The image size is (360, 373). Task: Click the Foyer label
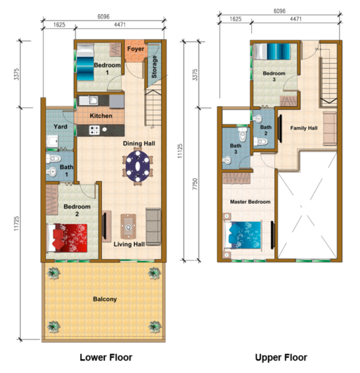point(136,48)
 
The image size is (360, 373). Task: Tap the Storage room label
point(154,67)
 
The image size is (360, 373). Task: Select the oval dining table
point(137,166)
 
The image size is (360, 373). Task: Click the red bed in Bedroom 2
point(67,238)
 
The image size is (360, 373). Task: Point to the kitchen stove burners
point(95,130)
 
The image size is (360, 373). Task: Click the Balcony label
point(105,299)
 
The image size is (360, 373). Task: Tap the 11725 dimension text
point(16,223)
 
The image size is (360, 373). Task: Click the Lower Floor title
point(106,357)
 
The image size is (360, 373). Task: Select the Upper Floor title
point(281,357)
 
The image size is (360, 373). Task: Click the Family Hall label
point(304,128)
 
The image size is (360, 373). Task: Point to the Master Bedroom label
point(250,201)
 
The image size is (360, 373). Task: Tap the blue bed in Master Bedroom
point(243,235)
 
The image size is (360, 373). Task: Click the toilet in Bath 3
point(242,134)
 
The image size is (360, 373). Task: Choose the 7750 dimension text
point(195,184)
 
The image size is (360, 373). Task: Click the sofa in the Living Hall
point(153,227)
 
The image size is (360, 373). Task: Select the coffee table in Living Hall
point(128,227)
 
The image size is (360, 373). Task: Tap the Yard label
point(60,127)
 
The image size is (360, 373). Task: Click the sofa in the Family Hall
point(330,129)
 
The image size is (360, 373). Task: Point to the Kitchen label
point(101,116)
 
